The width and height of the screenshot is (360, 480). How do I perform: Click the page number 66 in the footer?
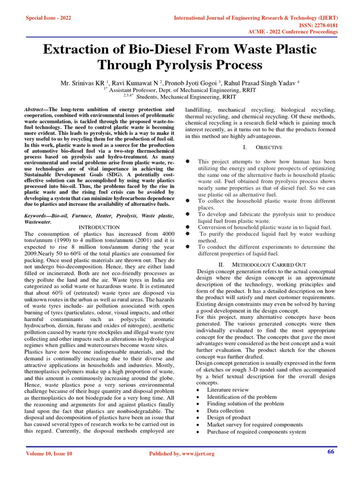[330, 452]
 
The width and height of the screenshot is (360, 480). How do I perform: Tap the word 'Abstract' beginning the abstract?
[34, 109]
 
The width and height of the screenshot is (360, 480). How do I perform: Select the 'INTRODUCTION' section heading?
[99, 227]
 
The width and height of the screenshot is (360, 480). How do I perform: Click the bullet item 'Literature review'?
[228, 390]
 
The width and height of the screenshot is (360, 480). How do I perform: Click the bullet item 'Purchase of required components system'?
[256, 432]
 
